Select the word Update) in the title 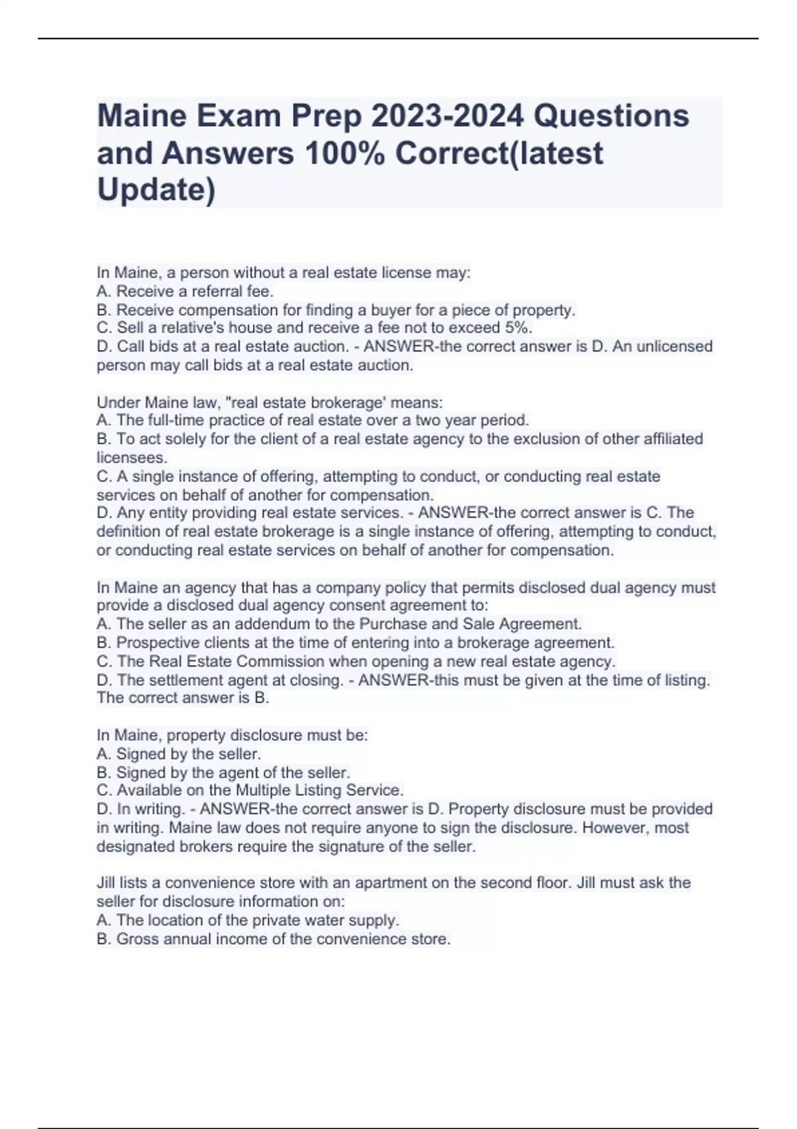[x=156, y=190]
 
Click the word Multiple [x=264, y=790]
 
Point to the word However [x=619, y=828]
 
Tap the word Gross [x=137, y=939]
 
